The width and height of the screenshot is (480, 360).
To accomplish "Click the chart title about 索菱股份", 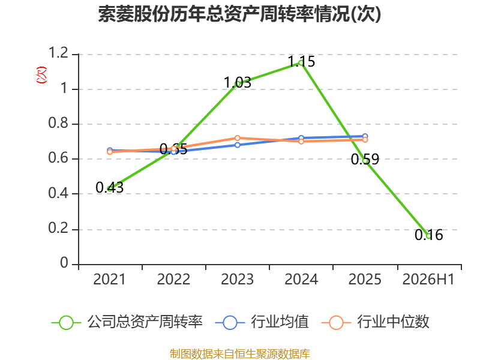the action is click(239, 14).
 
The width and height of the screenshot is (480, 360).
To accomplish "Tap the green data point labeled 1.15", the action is click(301, 64).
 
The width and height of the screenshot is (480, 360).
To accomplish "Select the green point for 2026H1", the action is click(428, 236).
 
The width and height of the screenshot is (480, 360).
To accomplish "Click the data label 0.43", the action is click(110, 187).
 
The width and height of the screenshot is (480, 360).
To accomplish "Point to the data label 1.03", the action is click(238, 82).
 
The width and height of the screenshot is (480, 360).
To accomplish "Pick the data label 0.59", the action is click(365, 159).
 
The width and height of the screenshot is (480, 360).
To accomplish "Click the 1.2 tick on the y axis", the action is click(58, 53).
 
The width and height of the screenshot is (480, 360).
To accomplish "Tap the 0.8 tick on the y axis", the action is click(58, 123).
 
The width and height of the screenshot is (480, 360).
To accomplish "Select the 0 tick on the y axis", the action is click(64, 263).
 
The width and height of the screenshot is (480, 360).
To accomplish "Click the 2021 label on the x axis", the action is click(110, 279).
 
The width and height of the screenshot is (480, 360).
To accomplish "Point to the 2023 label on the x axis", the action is click(237, 279).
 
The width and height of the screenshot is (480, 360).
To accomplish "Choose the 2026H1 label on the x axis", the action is click(428, 279).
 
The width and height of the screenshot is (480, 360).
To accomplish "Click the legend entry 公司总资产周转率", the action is click(127, 322).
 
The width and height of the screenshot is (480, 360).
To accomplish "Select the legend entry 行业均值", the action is click(262, 322).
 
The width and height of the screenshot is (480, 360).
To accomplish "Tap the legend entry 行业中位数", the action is click(376, 322).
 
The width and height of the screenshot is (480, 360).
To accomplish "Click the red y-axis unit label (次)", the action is click(41, 75).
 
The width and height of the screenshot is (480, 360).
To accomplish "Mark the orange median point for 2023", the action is click(237, 138).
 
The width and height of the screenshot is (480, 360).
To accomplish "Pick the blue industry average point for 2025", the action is click(365, 136).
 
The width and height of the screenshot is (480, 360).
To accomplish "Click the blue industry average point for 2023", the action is click(237, 145).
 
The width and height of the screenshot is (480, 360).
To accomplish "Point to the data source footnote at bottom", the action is click(240, 354).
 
